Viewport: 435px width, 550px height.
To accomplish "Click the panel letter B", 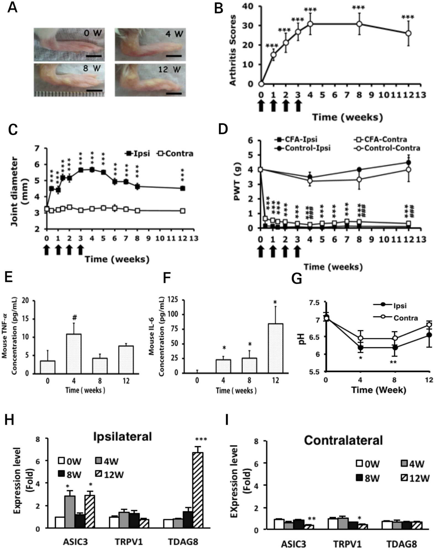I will (x=219, y=9).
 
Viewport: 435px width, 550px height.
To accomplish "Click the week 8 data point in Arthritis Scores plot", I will (x=359, y=24).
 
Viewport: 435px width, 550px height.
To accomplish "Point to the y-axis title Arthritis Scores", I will (x=233, y=50).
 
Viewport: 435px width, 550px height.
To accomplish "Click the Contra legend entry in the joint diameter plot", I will (x=175, y=153).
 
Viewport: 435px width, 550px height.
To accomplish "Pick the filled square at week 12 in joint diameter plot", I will (x=183, y=188).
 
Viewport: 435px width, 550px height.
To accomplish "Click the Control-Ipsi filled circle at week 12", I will (x=408, y=162).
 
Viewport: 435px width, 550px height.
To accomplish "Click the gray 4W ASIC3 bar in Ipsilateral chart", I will (x=70, y=512).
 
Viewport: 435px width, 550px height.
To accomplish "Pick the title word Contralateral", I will (x=343, y=440).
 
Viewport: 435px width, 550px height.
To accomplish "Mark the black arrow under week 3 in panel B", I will (x=298, y=106).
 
